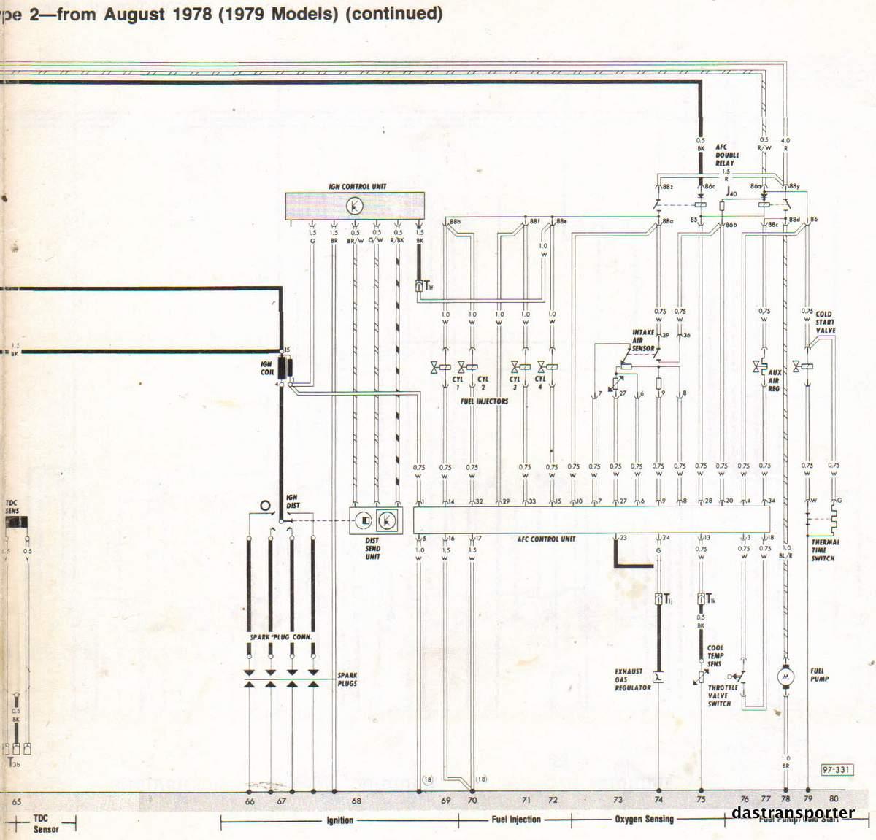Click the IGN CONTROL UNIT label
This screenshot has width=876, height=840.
tap(357, 187)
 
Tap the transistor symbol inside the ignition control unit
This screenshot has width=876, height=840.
tap(353, 207)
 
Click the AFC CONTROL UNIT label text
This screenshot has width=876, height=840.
tap(546, 539)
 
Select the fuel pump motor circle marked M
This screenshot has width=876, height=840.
tap(786, 677)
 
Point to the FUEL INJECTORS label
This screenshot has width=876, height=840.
tap(484, 401)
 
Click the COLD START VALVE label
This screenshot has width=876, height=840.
tap(826, 322)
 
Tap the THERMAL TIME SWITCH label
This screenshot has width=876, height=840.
tap(825, 550)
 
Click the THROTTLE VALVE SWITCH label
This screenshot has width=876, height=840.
tap(723, 695)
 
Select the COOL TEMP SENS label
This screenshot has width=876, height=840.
tap(715, 655)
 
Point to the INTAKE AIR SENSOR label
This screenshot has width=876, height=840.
tap(643, 340)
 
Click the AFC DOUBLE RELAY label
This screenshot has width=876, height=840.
tap(726, 155)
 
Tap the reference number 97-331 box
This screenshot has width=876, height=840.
tap(835, 770)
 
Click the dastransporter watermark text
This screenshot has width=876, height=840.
tap(793, 812)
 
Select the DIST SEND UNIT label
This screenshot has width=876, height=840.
tap(372, 548)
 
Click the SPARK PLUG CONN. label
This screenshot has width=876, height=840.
tap(281, 637)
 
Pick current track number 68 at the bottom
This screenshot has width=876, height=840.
tap(356, 801)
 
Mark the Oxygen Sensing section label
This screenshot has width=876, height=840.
tap(644, 820)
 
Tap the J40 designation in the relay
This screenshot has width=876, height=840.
tap(732, 192)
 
